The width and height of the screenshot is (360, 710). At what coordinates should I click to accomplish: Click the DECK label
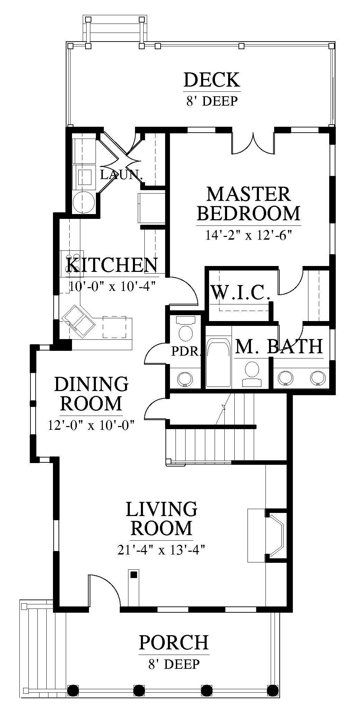pos(211,80)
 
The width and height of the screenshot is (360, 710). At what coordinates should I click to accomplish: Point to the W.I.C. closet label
pos(240,293)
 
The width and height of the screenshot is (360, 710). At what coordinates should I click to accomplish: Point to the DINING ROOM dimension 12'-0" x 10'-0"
pos(91,425)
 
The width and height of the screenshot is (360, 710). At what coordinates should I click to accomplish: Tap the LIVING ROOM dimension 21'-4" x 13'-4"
pos(162,550)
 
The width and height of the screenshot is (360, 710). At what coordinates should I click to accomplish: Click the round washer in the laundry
pos(83,202)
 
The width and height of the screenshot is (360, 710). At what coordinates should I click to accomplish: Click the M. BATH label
pos(279,346)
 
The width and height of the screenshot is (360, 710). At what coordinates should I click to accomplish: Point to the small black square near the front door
pos(134,575)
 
